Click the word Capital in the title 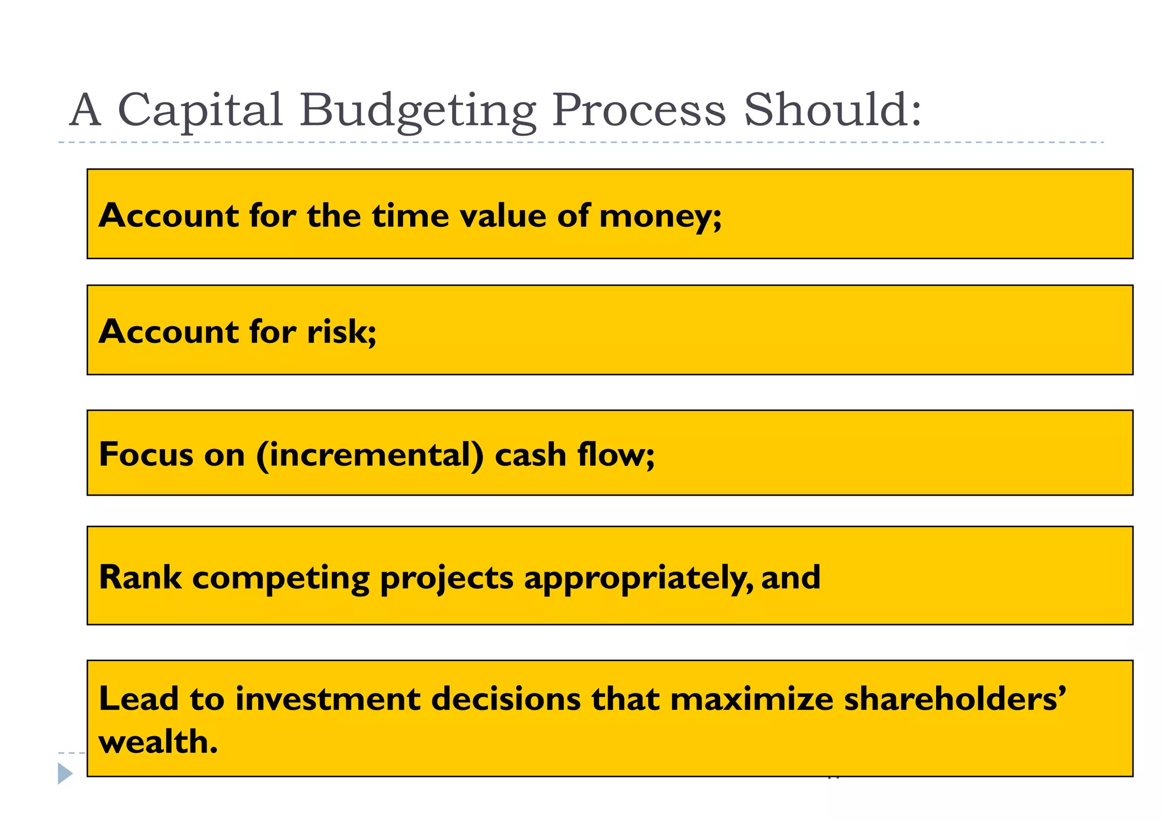point(200,111)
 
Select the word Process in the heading point(639,111)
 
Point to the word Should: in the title point(832,111)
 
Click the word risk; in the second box point(342,332)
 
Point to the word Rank point(140,578)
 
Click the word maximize point(751,699)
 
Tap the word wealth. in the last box point(158,742)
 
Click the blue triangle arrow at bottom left point(65,773)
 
